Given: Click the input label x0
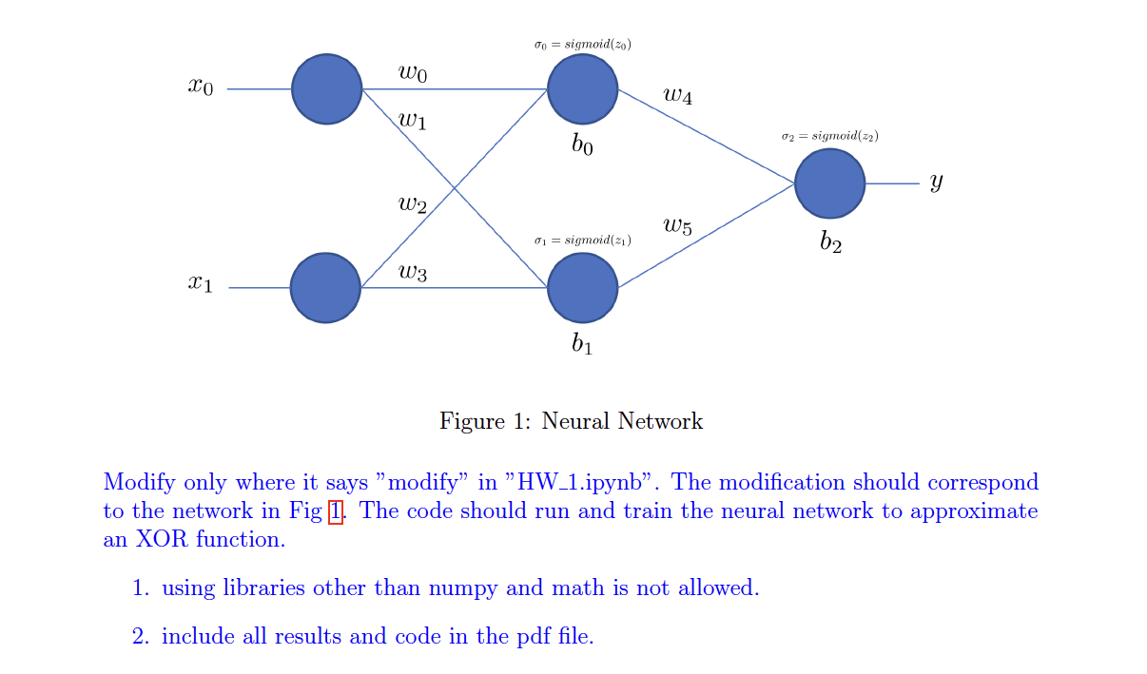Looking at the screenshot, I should tap(201, 87).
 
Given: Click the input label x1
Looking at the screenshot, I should tap(200, 283).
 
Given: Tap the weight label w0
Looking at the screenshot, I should tap(413, 73).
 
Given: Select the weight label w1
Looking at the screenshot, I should tap(413, 121).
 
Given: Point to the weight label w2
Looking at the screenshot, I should tap(413, 204).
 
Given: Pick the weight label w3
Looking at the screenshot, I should tap(413, 274).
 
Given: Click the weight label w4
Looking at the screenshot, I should tap(678, 95).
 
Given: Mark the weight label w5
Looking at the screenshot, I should tap(678, 226).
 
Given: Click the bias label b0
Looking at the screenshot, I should tap(582, 145).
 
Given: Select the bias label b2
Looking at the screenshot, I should tap(830, 242).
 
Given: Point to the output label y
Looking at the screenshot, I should tap(937, 182).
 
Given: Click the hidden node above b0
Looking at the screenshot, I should tap(583, 88).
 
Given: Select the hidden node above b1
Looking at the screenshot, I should tap(583, 287).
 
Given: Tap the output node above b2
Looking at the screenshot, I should tap(829, 183).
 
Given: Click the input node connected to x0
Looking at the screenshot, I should tap(326, 88).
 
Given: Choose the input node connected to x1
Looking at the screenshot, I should tap(325, 287).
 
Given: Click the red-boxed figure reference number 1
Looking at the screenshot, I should tap(335, 511).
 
